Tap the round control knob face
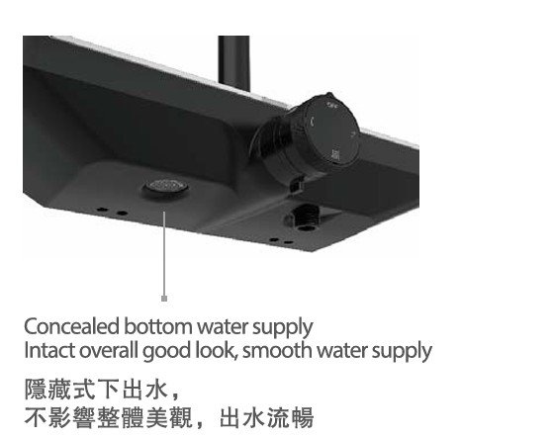tap(331, 132)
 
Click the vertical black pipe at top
tap(233, 62)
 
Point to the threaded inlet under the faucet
tap(303, 218)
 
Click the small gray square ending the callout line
tap(164, 299)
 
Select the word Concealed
tap(71, 326)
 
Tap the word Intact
tap(49, 351)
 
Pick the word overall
tap(108, 351)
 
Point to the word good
tap(167, 352)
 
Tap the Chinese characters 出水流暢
tap(267, 418)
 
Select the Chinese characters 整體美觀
tap(145, 418)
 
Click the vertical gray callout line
tap(164, 254)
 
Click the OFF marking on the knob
tap(332, 105)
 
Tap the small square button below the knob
tap(296, 185)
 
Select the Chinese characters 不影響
tap(60, 418)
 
